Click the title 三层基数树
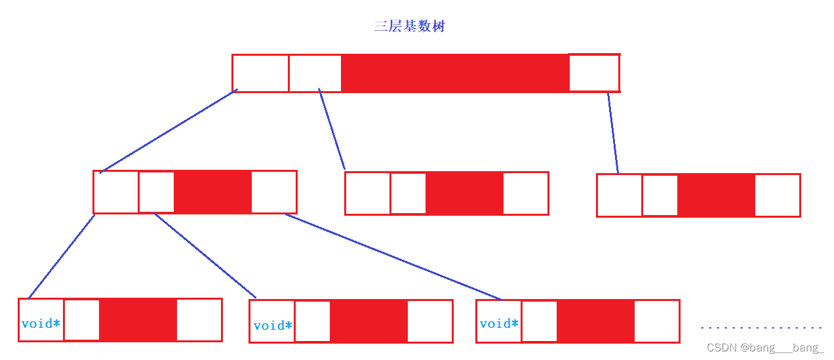click(410, 27)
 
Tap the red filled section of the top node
click(454, 73)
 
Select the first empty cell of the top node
click(260, 73)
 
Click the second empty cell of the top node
click(315, 73)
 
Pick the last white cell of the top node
click(594, 73)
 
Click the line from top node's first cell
click(169, 131)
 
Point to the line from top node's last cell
click(613, 132)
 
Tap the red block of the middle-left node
click(212, 192)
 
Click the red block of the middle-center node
click(464, 193)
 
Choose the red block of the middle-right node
click(716, 195)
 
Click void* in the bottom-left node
click(41, 323)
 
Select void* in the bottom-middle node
click(273, 325)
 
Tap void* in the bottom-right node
click(499, 323)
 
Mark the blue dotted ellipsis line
click(761, 327)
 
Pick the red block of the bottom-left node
click(138, 320)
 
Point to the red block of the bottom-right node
click(595, 321)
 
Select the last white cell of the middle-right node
click(777, 195)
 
